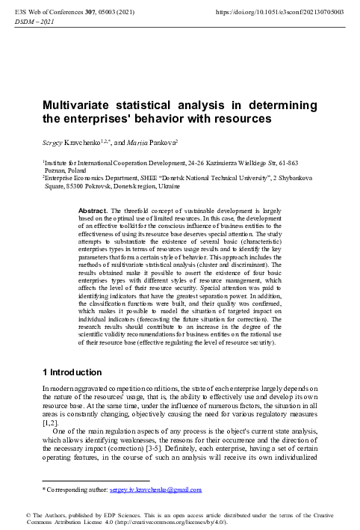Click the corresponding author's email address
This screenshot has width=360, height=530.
155,490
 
